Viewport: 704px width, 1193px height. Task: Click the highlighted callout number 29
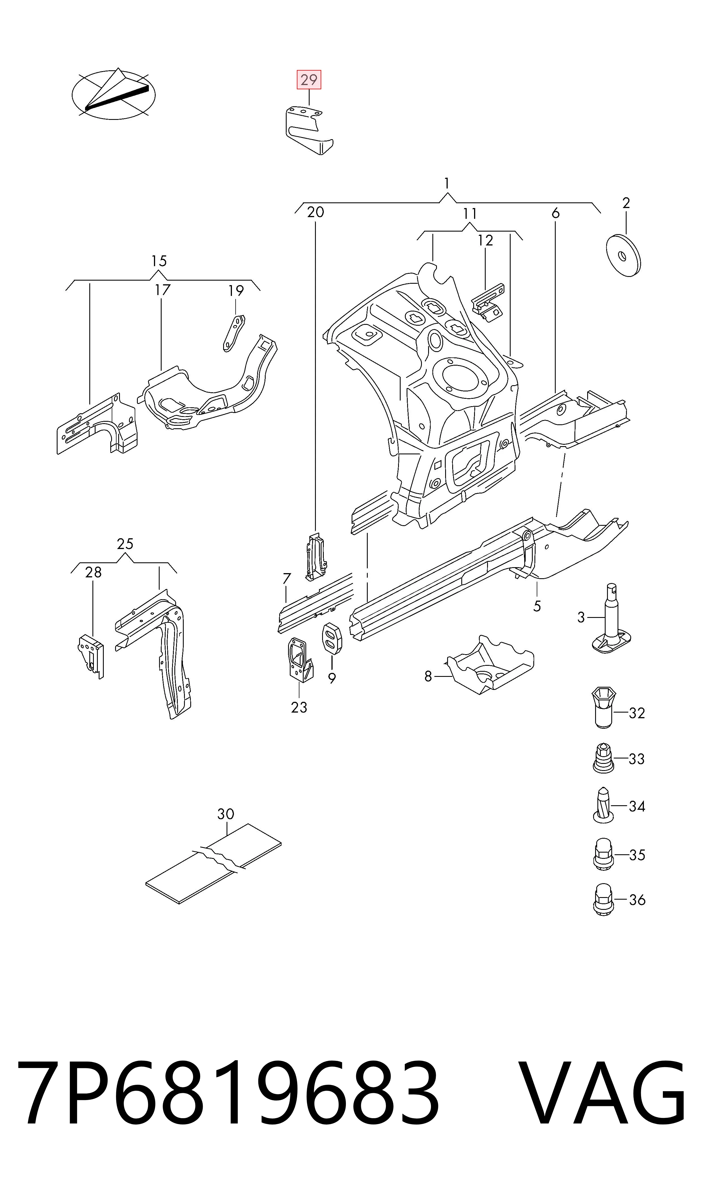tap(309, 80)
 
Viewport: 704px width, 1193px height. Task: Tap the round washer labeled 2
tap(624, 255)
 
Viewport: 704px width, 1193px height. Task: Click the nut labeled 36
tap(603, 899)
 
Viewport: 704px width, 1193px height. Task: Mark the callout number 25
tap(125, 544)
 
